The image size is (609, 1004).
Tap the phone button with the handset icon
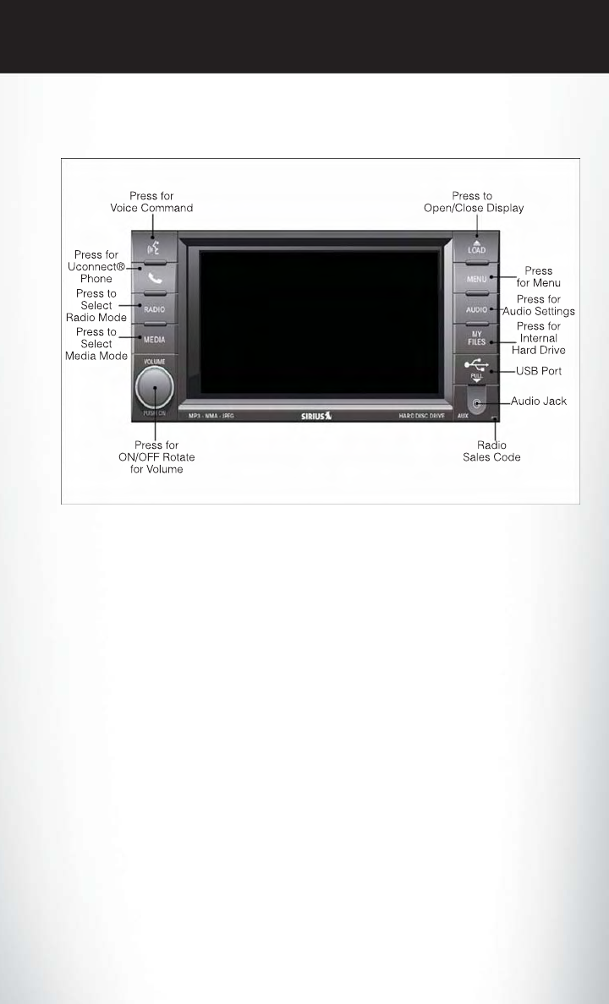[x=154, y=277]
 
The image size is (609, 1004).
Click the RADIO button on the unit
[x=154, y=308]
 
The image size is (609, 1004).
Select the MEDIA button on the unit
[x=154, y=339]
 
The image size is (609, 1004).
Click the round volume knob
[x=153, y=388]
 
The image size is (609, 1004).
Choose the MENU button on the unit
[x=475, y=277]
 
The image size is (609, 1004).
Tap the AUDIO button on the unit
[x=475, y=308]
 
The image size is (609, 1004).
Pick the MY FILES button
[x=475, y=341]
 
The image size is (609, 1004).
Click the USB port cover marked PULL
[x=475, y=370]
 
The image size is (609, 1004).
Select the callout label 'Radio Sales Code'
[x=493, y=451]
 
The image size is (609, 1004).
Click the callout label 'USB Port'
[x=540, y=370]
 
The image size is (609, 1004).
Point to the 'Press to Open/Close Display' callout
[x=475, y=201]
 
